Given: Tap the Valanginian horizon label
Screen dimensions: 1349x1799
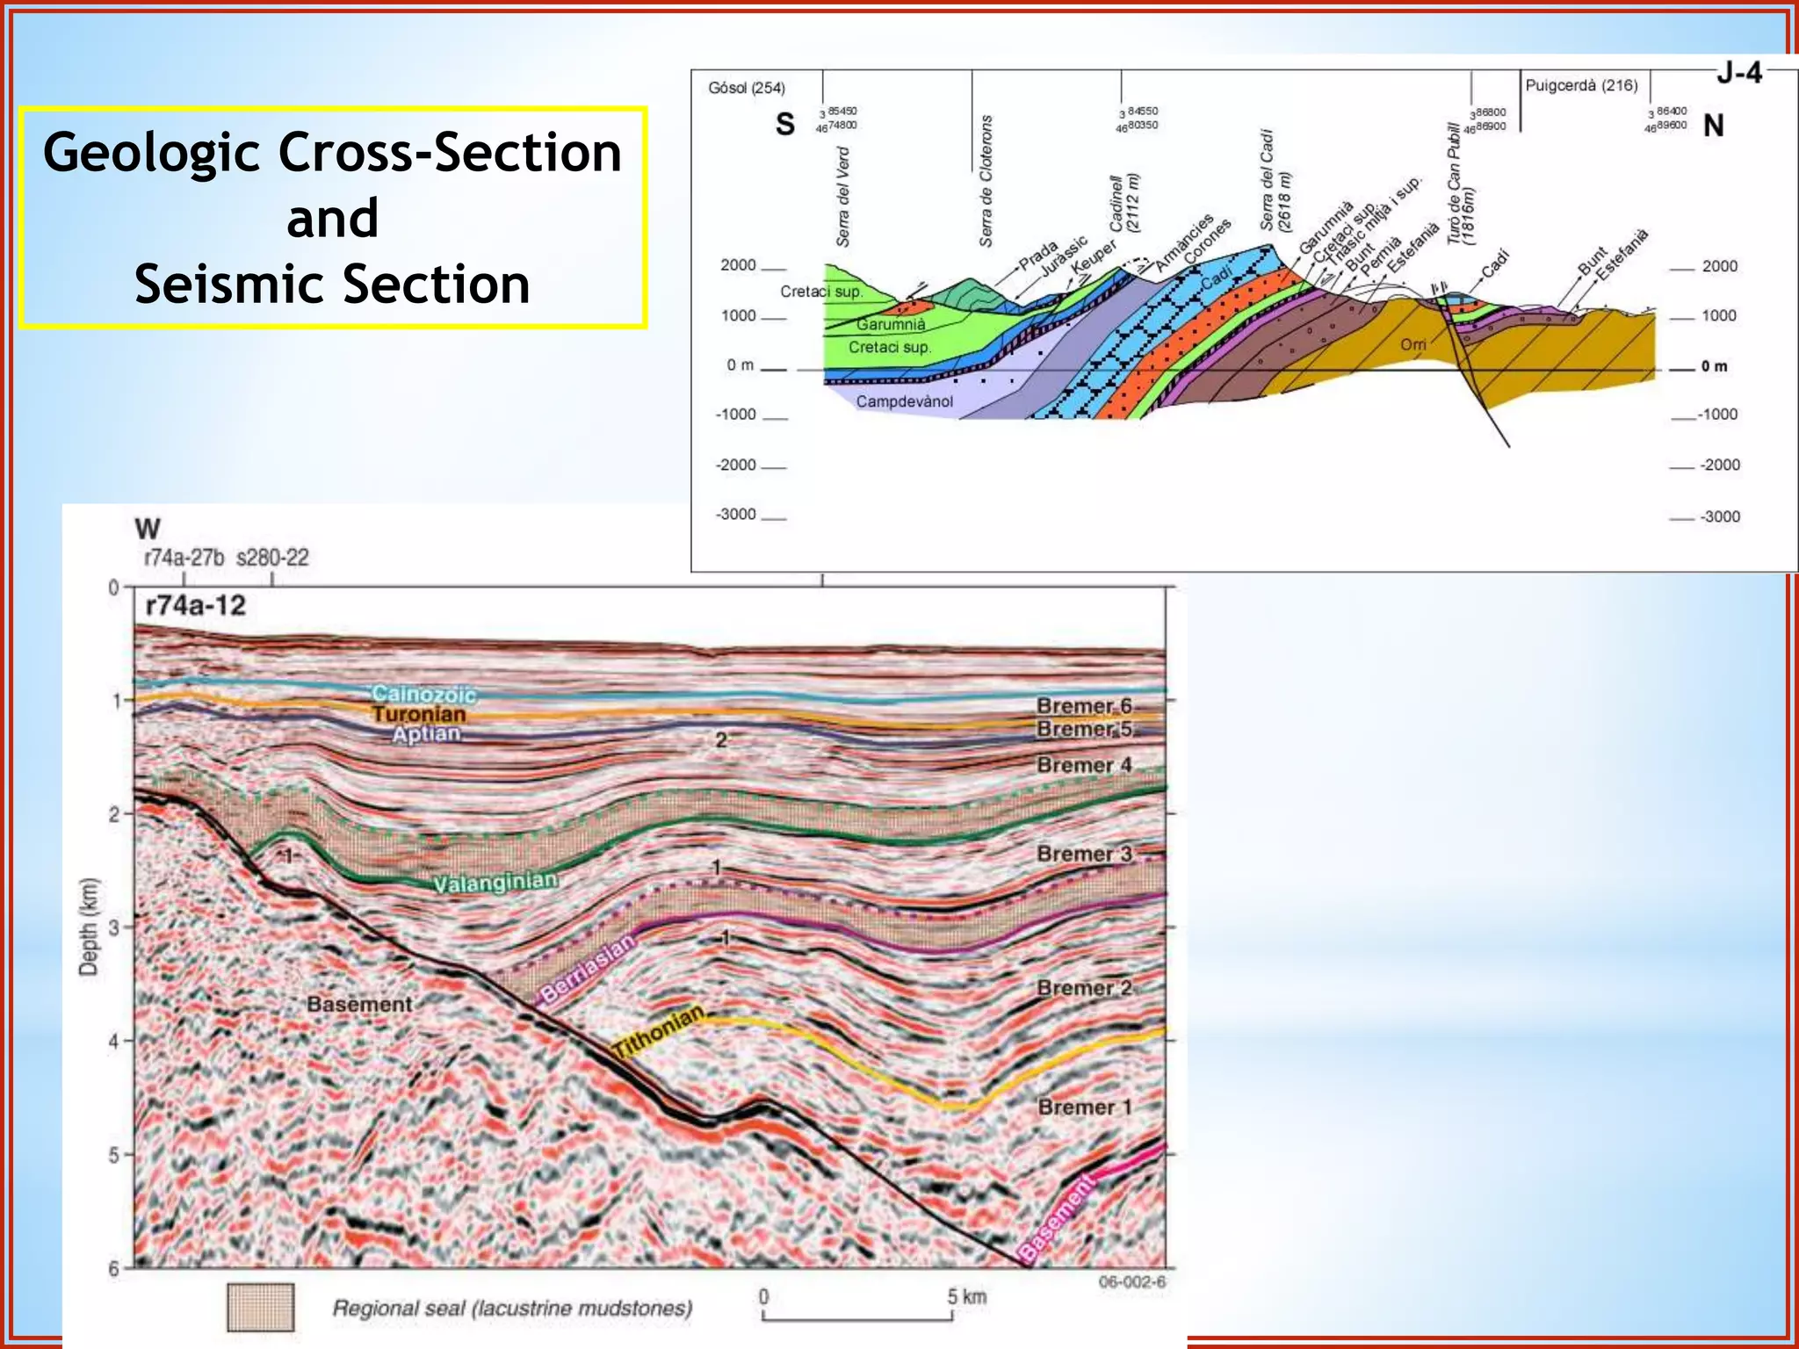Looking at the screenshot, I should (495, 882).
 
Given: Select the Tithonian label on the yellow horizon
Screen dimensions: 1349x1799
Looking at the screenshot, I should (659, 1030).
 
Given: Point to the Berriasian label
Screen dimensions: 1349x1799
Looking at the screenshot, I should (587, 969).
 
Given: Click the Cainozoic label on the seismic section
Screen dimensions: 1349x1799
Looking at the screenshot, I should (423, 695).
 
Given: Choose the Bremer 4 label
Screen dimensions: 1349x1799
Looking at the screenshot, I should (1084, 765).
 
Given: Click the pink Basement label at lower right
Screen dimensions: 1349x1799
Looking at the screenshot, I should (1058, 1219).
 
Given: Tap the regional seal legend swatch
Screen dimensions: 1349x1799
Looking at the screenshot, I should (260, 1308).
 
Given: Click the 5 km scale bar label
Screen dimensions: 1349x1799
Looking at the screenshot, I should (966, 1296).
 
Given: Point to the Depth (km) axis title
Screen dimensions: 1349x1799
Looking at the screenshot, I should (88, 927).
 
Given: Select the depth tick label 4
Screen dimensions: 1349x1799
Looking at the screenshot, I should (114, 1042).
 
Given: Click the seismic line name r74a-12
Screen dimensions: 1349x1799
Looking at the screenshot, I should (195, 606).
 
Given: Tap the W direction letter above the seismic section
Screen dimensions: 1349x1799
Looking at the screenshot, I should (148, 529).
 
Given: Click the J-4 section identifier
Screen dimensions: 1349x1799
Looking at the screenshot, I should (1738, 73).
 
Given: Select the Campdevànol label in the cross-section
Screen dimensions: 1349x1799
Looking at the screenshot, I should (904, 401).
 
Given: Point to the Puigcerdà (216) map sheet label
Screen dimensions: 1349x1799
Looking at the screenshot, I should (1581, 85).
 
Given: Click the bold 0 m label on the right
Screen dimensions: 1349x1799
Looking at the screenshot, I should (1714, 366).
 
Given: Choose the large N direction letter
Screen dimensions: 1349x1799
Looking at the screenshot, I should (1713, 126).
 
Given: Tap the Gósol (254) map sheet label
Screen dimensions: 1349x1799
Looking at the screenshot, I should (747, 88).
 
